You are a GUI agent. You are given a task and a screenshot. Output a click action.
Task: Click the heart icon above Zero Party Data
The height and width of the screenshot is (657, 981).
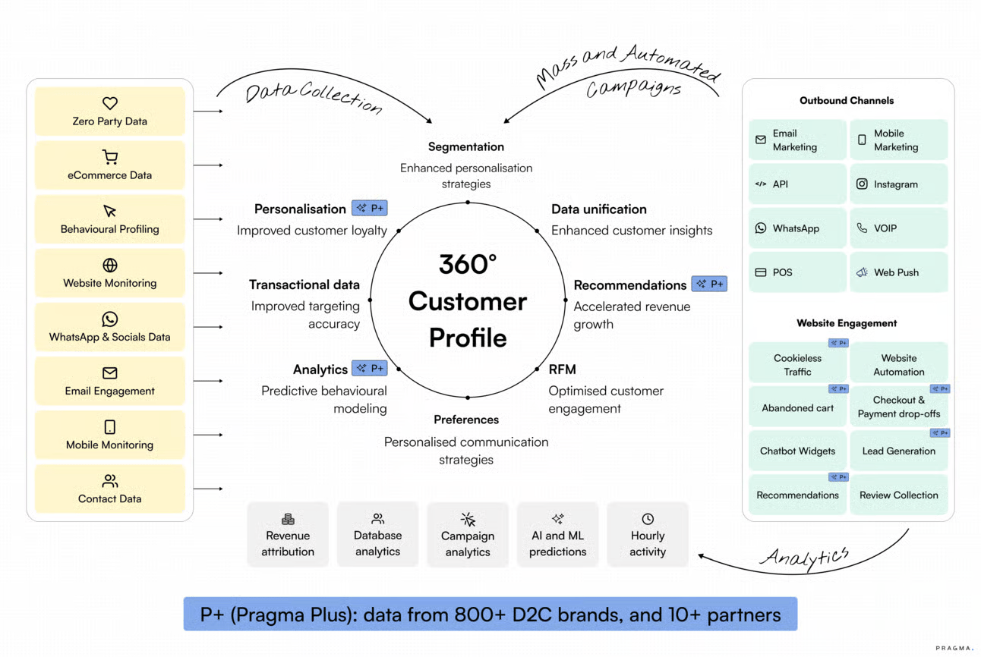110,103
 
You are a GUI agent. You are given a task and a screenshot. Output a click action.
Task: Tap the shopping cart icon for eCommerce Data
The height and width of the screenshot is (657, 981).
110,157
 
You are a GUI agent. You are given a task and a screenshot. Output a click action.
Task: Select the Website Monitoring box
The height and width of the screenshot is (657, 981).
110,273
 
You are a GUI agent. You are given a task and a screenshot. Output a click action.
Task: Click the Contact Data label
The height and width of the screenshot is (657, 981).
110,498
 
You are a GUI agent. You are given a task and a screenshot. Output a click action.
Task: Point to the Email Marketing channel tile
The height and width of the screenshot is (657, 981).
797,140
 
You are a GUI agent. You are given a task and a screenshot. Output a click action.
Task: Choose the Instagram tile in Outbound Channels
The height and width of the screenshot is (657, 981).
898,184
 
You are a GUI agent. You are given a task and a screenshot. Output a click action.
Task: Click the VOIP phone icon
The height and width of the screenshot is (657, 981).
862,228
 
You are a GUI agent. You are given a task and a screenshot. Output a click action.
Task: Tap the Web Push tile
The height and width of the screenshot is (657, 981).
898,272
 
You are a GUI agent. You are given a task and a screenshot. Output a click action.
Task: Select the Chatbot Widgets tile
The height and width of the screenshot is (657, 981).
797,451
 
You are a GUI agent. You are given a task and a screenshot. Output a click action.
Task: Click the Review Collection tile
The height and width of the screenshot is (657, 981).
898,495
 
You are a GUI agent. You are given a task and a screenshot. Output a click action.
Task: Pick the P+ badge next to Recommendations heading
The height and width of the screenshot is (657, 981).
709,284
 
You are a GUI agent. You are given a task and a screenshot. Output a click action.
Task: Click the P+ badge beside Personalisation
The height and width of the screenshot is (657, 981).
370,208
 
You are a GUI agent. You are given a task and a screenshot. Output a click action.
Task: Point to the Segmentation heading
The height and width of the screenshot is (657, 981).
466,146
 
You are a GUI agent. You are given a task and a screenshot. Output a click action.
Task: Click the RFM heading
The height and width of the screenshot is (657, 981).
563,369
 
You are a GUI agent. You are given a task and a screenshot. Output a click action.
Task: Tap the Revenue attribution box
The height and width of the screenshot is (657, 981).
288,535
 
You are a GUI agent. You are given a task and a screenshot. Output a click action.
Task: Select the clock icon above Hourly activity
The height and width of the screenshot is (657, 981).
648,519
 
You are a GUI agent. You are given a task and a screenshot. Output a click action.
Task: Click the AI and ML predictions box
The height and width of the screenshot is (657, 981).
558,535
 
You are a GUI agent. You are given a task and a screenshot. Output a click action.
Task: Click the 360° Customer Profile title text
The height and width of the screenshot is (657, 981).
468,301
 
